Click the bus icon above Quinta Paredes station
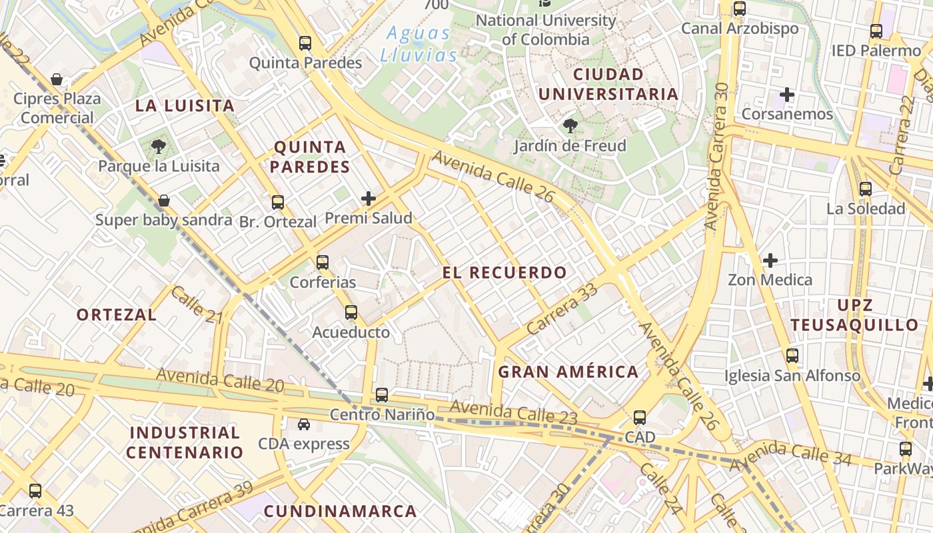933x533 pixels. click(x=305, y=43)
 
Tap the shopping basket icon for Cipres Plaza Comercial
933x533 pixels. click(x=57, y=80)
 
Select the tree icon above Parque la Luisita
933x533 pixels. click(x=159, y=146)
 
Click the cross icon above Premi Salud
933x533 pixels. click(x=369, y=198)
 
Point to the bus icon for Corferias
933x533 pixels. click(x=323, y=262)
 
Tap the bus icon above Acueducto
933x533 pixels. click(x=351, y=312)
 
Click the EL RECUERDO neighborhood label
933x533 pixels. click(x=504, y=272)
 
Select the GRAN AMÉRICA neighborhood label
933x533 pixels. click(x=568, y=372)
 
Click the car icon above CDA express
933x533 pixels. click(x=304, y=424)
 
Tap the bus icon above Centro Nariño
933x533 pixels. click(x=382, y=395)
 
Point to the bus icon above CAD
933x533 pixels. click(x=640, y=418)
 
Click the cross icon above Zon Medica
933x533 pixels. click(x=770, y=260)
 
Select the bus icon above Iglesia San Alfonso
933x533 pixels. click(x=792, y=356)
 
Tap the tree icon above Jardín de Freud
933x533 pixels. click(x=570, y=125)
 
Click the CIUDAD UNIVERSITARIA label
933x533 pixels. click(x=608, y=84)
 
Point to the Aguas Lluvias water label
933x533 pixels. click(x=420, y=44)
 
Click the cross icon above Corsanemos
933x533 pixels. click(x=787, y=95)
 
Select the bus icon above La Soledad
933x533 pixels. click(x=866, y=189)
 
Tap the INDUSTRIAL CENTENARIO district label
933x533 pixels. click(x=185, y=442)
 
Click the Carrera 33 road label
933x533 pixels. click(x=562, y=310)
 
